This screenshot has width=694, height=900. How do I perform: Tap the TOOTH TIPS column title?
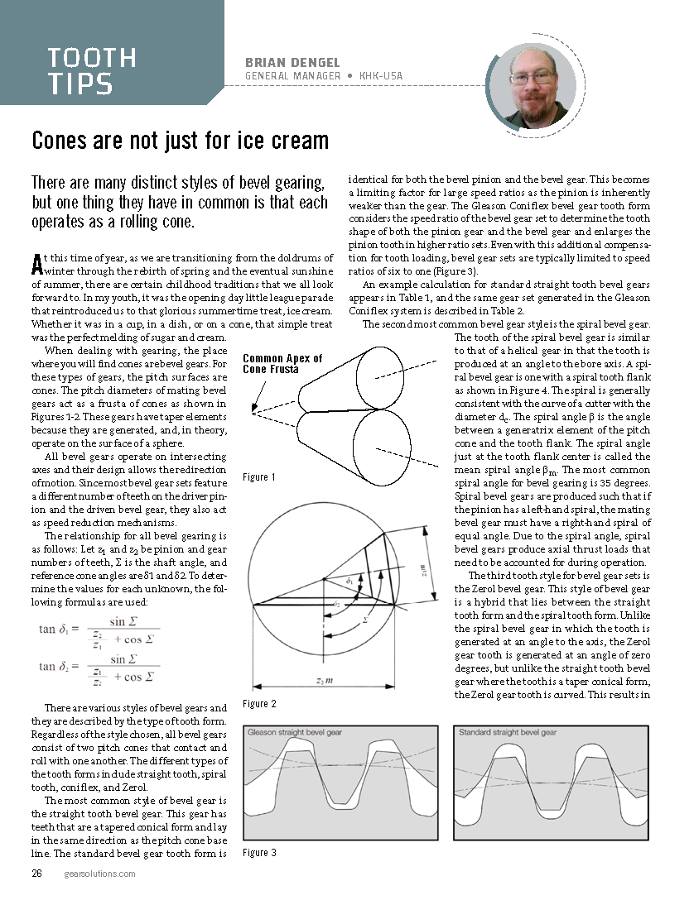click(92, 70)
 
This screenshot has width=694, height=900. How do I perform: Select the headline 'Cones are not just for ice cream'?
click(180, 141)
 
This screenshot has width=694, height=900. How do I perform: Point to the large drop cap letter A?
click(36, 264)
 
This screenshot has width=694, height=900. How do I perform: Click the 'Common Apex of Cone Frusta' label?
click(282, 364)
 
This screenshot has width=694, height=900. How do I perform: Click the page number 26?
click(37, 874)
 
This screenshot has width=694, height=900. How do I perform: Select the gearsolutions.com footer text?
click(99, 874)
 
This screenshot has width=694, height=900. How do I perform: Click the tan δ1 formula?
click(99, 630)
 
